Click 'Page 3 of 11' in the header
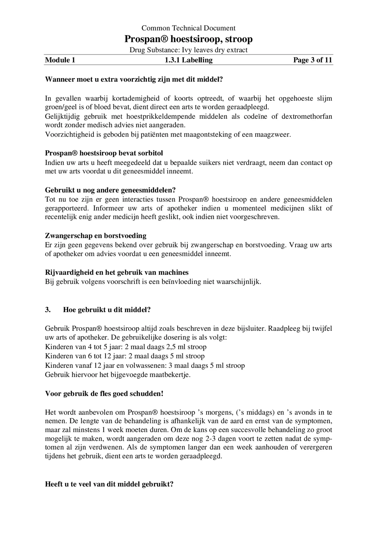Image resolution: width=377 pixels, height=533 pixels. (x=312, y=60)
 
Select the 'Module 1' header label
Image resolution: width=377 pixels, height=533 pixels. (x=60, y=60)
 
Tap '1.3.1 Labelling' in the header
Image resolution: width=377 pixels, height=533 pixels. (x=188, y=60)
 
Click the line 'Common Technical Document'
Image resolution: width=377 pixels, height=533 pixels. (x=188, y=28)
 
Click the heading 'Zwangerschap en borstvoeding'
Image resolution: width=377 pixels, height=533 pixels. (x=96, y=236)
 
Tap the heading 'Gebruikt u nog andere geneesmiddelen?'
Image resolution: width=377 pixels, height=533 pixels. (x=110, y=190)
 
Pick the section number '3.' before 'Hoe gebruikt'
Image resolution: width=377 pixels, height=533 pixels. (x=48, y=310)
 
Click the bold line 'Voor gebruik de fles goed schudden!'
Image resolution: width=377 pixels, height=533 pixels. (x=104, y=394)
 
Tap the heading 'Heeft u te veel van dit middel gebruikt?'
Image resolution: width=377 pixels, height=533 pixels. (x=109, y=484)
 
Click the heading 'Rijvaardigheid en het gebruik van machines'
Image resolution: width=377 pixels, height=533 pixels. (x=117, y=273)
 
